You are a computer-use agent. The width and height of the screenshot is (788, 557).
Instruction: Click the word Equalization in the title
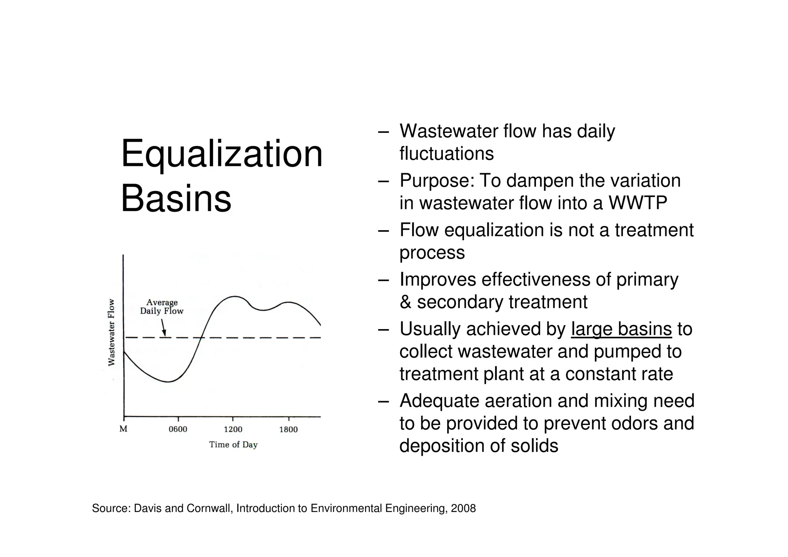222,154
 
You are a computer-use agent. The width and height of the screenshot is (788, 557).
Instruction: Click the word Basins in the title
176,199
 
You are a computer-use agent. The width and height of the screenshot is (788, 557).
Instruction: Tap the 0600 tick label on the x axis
178,429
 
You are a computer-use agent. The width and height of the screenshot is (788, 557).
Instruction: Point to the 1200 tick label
233,429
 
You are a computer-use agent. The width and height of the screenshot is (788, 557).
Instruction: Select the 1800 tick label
288,429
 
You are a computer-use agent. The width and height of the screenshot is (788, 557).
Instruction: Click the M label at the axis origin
123,429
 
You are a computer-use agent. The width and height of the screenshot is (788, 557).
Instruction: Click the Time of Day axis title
233,445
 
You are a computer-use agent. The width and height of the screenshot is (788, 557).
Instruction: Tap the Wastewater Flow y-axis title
111,333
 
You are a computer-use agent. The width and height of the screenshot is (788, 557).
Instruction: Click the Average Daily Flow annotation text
162,307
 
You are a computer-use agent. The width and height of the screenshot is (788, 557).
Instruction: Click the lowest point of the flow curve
168,382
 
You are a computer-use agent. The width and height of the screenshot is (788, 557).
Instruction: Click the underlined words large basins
621,330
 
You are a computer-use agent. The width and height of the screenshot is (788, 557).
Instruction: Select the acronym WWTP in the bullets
638,203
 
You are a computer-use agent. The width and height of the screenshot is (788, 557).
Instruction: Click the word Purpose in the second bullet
436,181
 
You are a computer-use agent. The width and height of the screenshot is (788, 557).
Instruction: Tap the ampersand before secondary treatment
406,302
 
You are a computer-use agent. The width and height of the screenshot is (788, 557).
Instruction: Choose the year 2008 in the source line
463,508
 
